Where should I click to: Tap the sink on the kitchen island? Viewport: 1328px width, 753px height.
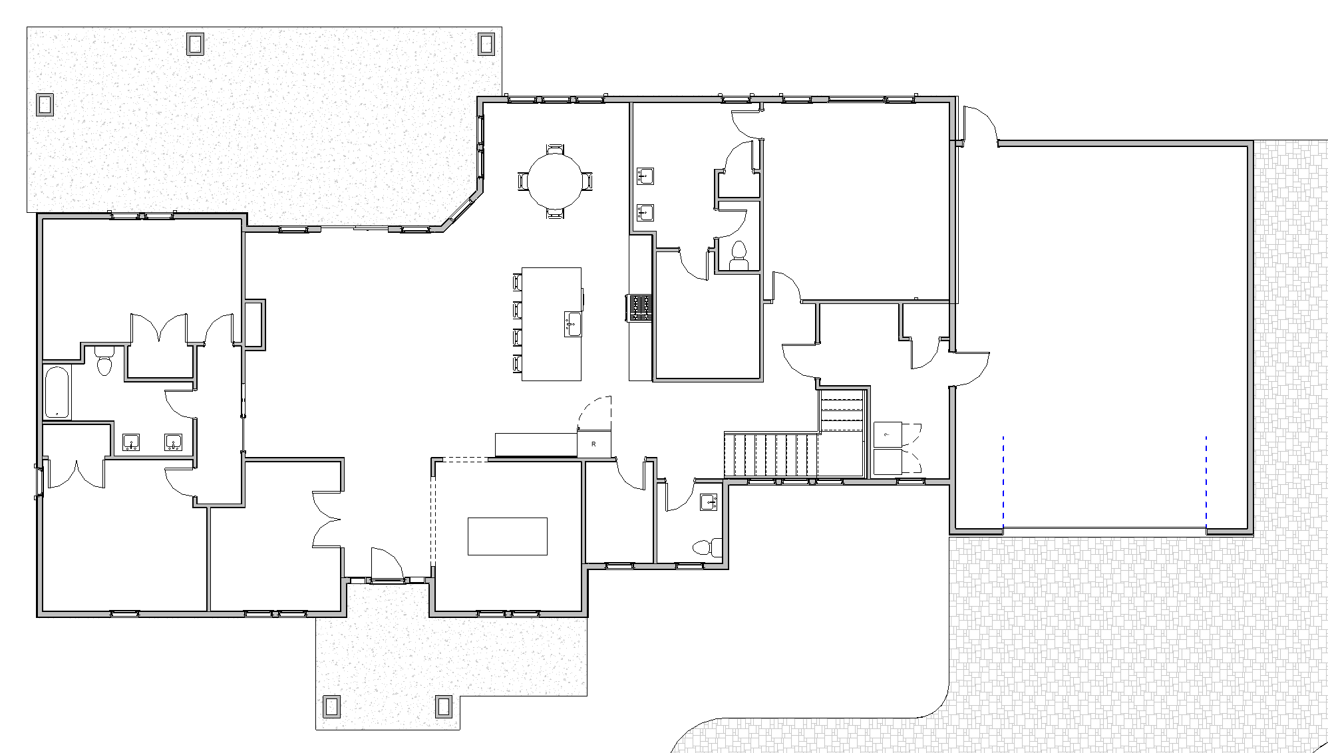(573, 324)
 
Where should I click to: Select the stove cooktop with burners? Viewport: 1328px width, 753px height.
(641, 309)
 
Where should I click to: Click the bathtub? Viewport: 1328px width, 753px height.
(57, 392)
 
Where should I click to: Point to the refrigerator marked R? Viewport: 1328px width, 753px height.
(593, 444)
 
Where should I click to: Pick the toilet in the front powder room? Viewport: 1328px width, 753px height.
(707, 547)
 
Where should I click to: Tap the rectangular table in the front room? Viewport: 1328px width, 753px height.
(508, 536)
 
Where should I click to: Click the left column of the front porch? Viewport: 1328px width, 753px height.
(331, 706)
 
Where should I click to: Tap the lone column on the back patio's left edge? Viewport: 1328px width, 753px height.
(45, 104)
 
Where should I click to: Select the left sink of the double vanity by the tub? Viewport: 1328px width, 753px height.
(132, 442)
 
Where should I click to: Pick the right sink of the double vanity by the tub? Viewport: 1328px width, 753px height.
(174, 442)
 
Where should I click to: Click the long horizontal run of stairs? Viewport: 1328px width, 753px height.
(770, 455)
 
